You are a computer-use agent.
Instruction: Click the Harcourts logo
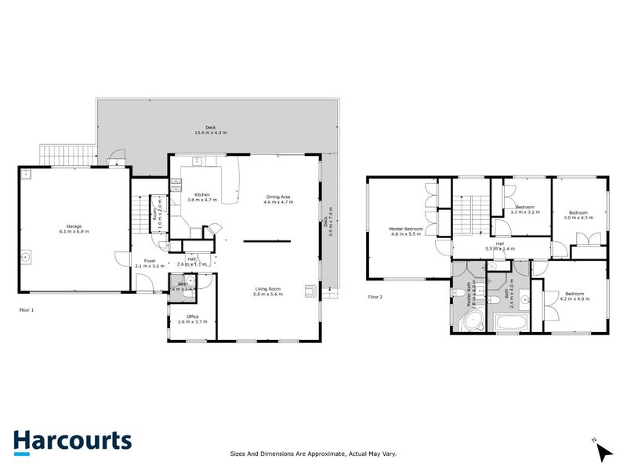point(72,440)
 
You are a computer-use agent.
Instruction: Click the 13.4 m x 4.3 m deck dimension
point(210,132)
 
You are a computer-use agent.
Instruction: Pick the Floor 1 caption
point(27,310)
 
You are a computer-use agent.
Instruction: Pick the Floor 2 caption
point(375,297)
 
